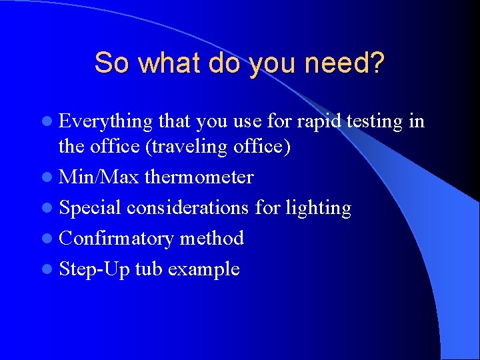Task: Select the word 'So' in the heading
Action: tap(109, 63)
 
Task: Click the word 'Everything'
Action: tap(106, 121)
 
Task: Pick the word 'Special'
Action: tap(90, 207)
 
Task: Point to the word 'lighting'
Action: tap(318, 207)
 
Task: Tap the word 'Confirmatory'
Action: tap(116, 238)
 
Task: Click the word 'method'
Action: tap(212, 238)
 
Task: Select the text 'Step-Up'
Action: tap(94, 269)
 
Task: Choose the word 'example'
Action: tap(203, 269)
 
